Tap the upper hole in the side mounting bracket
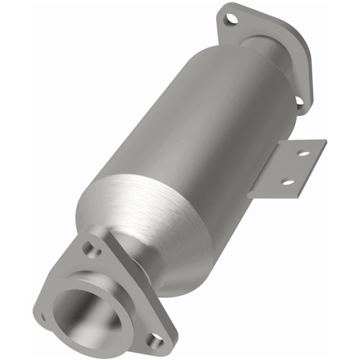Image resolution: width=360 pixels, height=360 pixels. click(x=303, y=154)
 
